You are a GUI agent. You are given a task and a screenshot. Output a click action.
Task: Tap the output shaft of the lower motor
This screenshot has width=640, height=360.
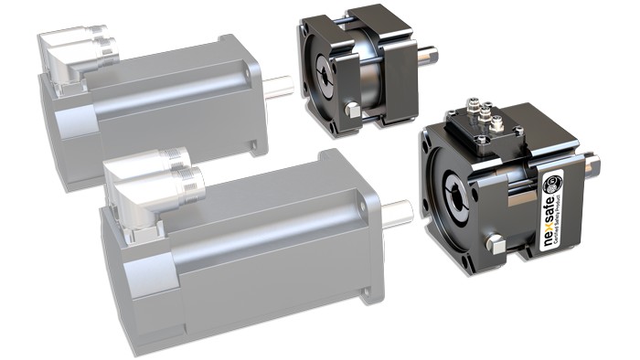pos(398,212)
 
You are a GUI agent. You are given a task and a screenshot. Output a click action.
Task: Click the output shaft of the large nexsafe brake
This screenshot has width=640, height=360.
pos(592,165)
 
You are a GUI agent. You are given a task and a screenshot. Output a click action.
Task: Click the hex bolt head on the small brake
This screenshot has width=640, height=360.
pos(352,111)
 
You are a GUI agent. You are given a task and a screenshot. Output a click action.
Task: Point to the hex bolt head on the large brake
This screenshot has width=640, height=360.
pos(496,244)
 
